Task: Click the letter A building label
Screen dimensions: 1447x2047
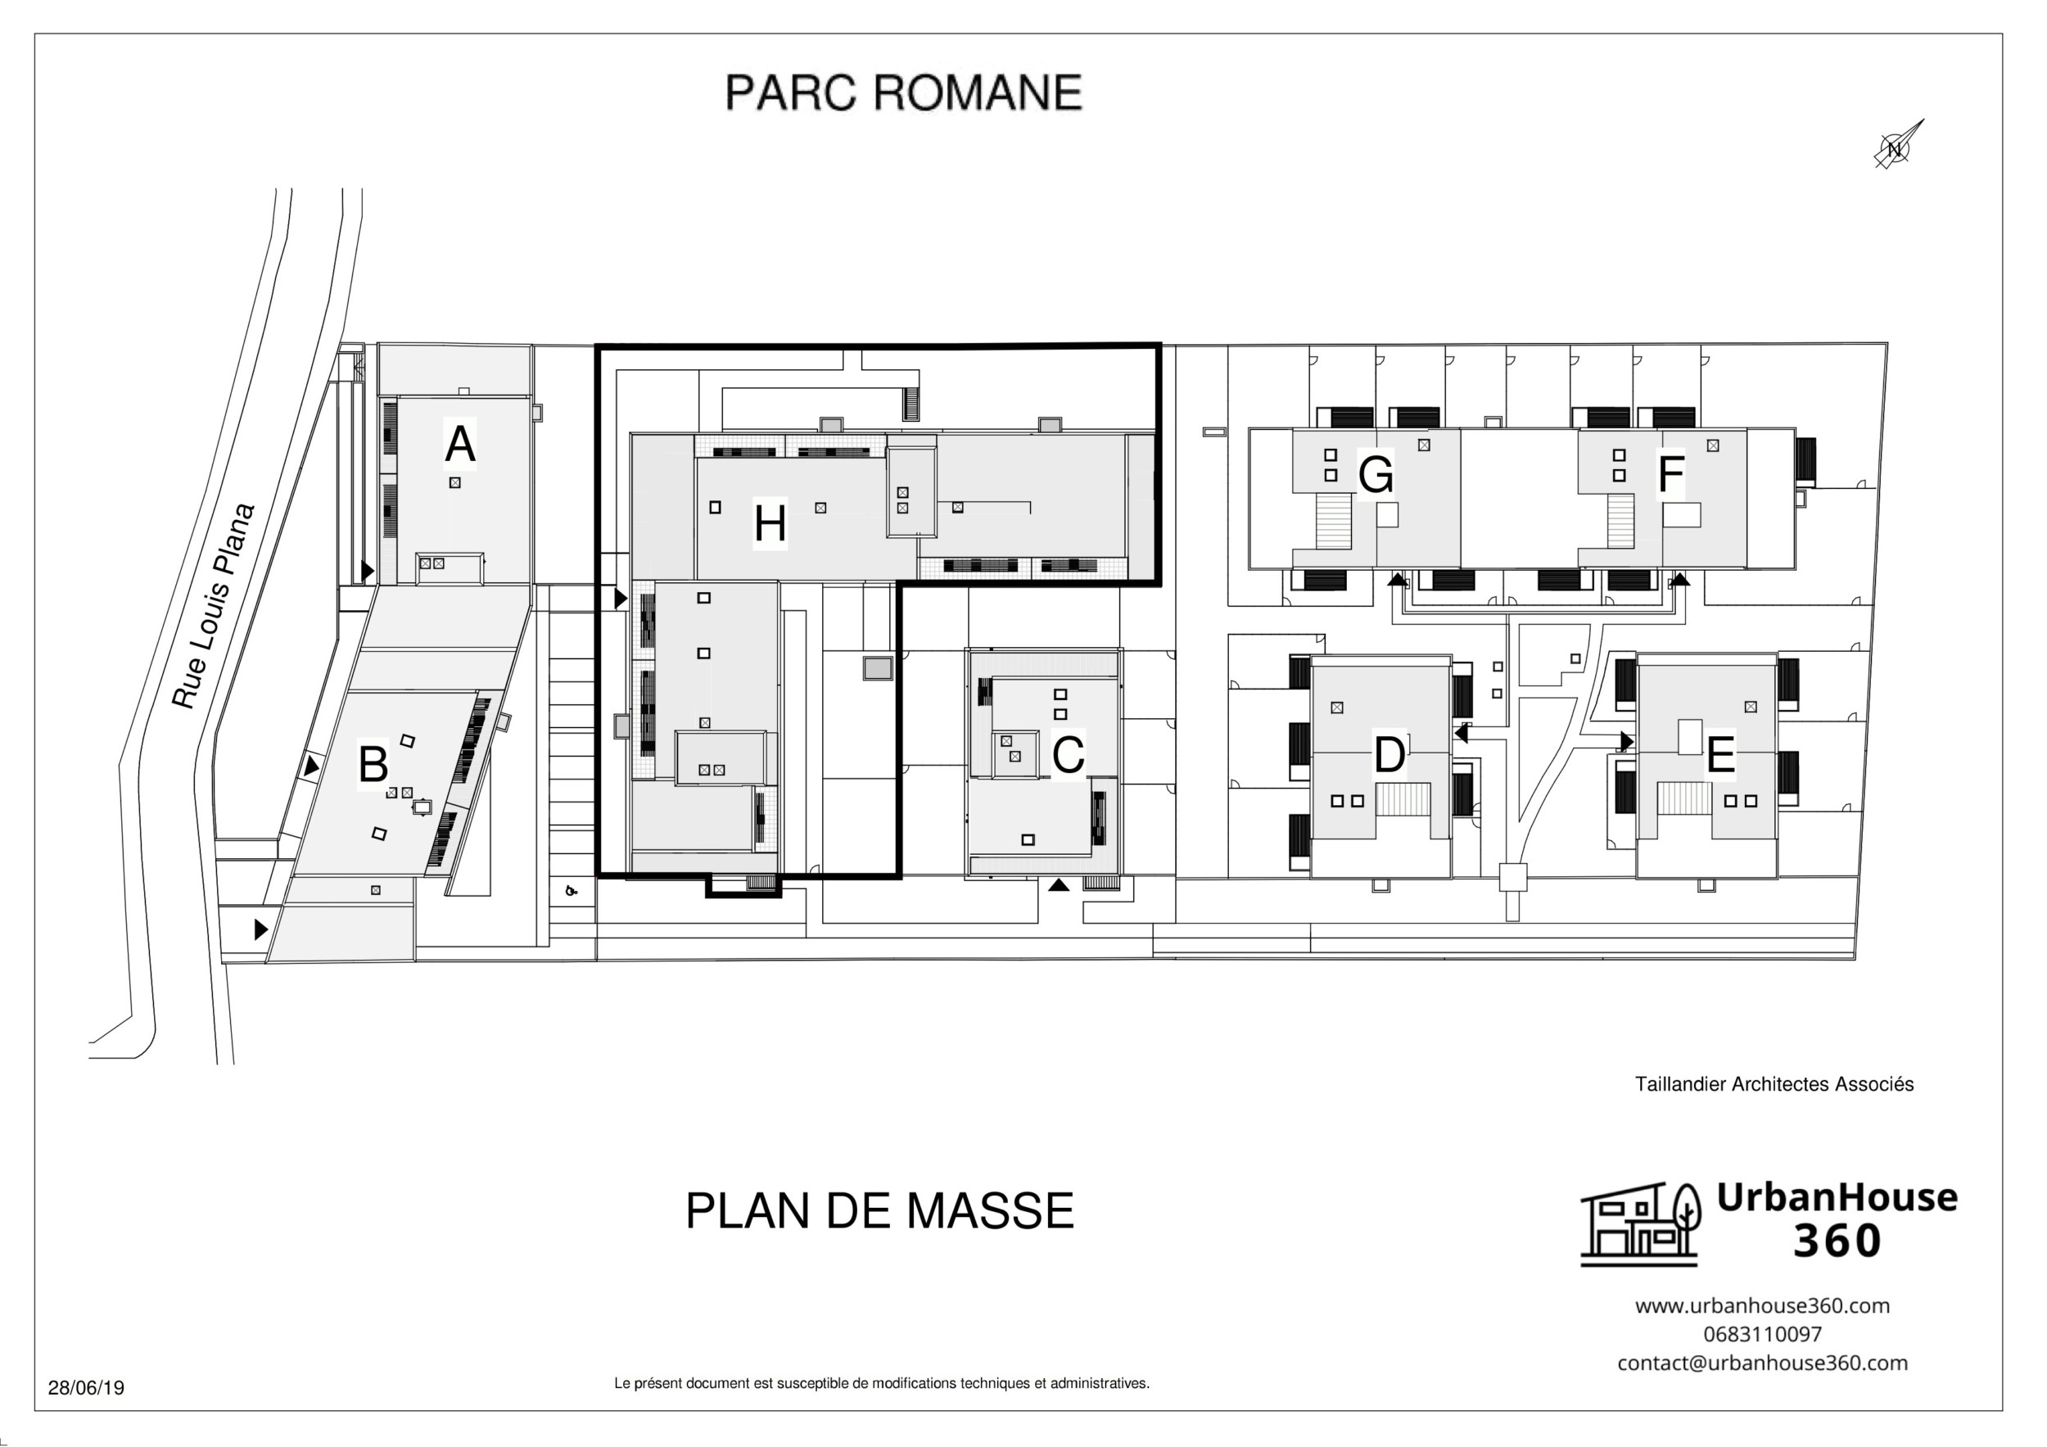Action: coord(459,444)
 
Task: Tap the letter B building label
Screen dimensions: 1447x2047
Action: coord(373,764)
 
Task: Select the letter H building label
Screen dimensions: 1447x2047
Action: coord(770,523)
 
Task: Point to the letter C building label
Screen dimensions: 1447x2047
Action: coord(1067,754)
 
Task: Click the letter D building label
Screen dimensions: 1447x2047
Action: coord(1389,756)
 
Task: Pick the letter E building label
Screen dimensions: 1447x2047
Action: coord(1719,755)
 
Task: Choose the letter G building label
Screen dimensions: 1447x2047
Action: coord(1375,474)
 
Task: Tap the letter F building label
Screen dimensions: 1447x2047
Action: coord(1670,473)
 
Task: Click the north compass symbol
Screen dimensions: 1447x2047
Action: coord(1895,147)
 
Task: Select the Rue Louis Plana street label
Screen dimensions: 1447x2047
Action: coord(213,606)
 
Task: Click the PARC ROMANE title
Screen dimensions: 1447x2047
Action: coord(903,93)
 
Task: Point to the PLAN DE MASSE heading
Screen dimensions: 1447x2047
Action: coord(879,1210)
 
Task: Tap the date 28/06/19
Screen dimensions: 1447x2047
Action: coord(86,1388)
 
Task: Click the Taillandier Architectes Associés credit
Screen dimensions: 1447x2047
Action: coord(1774,1084)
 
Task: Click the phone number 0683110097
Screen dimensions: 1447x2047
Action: coord(1762,1334)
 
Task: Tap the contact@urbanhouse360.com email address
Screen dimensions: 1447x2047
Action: coord(1762,1363)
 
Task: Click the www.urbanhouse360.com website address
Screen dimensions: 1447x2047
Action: coord(1762,1305)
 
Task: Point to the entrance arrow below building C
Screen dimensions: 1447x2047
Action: coord(1057,885)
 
